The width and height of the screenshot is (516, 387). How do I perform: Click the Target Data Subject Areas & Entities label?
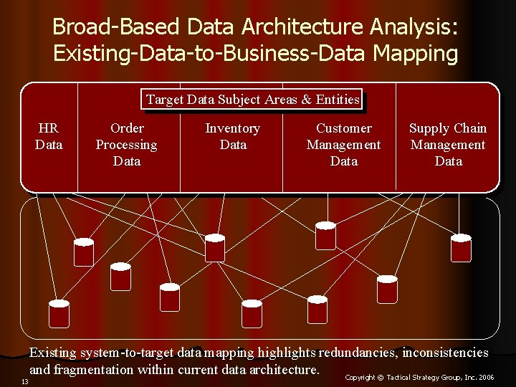tap(253, 100)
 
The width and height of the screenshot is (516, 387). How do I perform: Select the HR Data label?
tap(48, 136)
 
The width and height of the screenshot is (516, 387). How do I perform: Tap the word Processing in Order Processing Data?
tap(127, 145)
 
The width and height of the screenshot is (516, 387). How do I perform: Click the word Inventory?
tap(232, 128)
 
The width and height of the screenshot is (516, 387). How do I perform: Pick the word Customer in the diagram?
tap(344, 128)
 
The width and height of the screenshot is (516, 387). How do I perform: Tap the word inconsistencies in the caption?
tap(445, 353)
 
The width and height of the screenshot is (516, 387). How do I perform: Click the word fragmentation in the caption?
tap(100, 370)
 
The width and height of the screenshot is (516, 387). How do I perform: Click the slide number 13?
tap(24, 381)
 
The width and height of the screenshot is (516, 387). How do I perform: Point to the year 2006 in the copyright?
tap(487, 377)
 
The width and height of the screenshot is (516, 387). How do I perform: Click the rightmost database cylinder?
tap(461, 247)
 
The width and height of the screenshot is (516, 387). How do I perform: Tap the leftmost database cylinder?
tap(59, 312)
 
